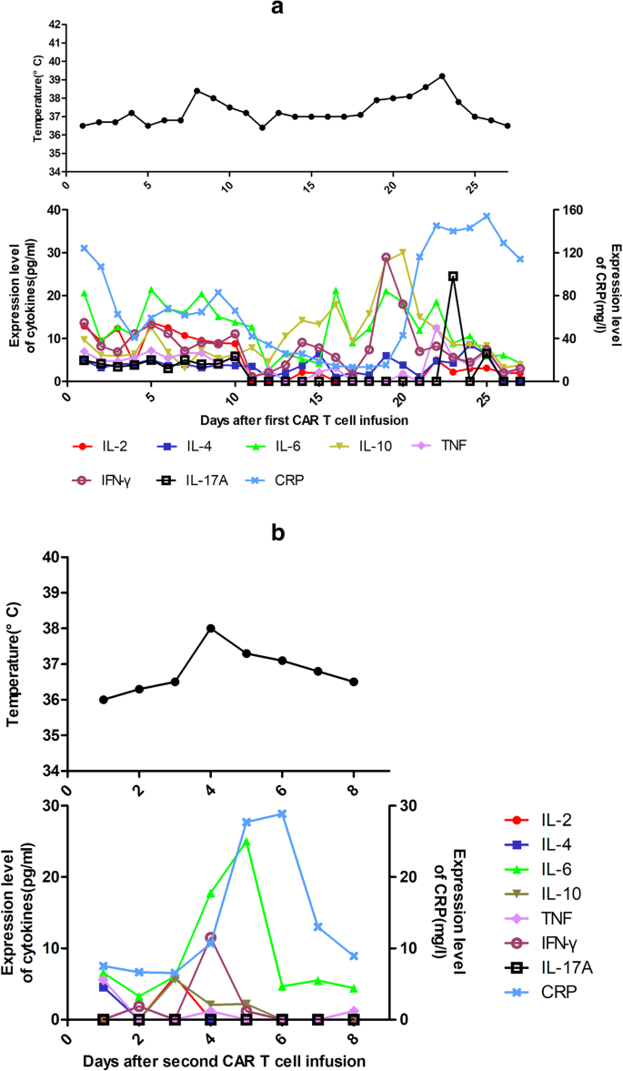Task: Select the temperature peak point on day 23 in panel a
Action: (x=442, y=76)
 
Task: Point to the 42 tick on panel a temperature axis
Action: (x=55, y=24)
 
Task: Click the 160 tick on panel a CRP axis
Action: (x=570, y=210)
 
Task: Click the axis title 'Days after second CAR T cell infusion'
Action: (x=225, y=1061)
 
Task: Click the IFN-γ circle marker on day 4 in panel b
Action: (x=210, y=937)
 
